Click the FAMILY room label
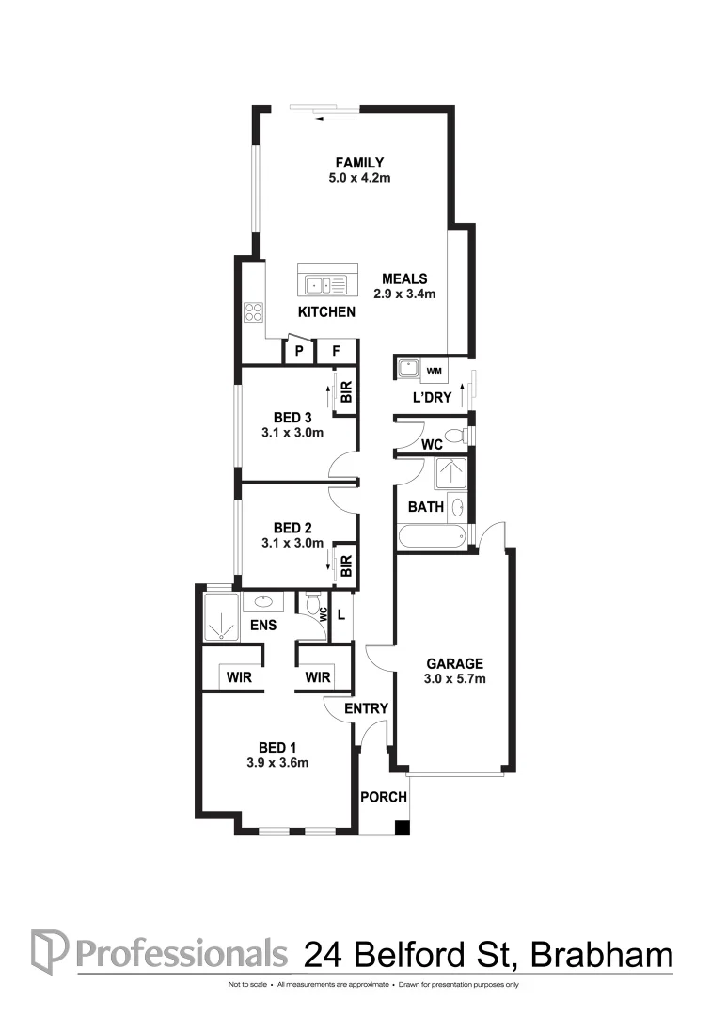click(355, 162)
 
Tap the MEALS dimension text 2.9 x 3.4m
click(404, 294)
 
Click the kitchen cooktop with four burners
click(253, 310)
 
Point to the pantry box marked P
click(299, 352)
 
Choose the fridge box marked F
click(336, 352)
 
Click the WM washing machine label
click(434, 370)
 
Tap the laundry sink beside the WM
click(407, 369)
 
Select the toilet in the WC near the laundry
click(456, 436)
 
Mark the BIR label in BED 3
click(346, 393)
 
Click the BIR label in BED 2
click(346, 564)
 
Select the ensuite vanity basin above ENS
click(262, 601)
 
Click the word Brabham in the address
click(603, 954)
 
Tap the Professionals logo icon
click(49, 951)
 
